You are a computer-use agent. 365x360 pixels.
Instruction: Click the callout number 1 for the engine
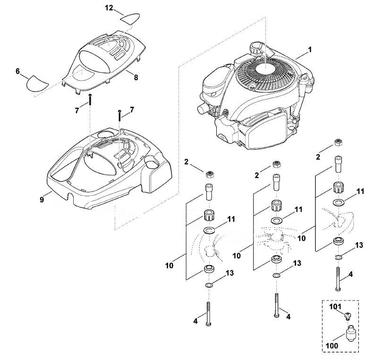point(310,50)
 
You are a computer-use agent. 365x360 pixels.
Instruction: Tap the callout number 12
point(109,8)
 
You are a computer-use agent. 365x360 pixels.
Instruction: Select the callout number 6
point(17,71)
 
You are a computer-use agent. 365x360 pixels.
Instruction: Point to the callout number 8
point(136,77)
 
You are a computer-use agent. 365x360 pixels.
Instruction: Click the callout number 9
point(42,199)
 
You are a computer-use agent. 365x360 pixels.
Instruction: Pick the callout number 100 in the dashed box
point(332,345)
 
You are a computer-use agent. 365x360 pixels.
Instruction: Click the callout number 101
point(335,307)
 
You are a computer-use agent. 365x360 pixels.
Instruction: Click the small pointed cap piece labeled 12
point(130,18)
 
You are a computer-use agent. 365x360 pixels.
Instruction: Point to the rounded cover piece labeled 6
point(37,83)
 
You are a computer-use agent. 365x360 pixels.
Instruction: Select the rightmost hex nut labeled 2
point(338,142)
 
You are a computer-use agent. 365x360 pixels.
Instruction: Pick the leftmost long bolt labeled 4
point(208,314)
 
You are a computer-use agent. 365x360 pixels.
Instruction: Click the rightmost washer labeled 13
point(339,257)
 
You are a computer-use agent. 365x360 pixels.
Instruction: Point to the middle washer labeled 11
point(276,220)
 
